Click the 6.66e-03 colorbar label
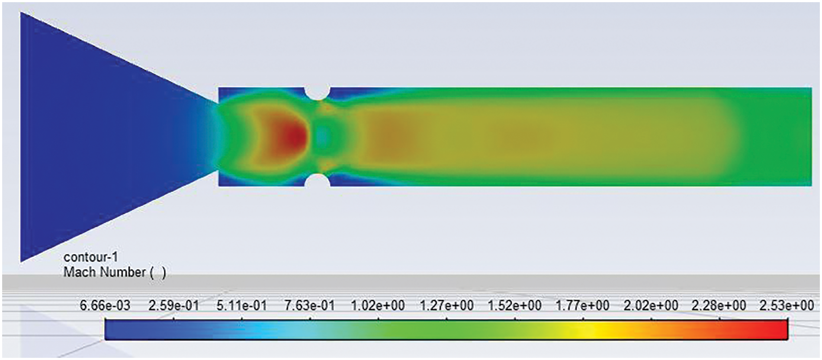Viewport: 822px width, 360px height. [105, 305]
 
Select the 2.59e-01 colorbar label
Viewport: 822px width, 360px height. [173, 305]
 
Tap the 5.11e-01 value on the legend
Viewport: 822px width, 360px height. [241, 305]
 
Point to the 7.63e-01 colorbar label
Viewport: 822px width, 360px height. [310, 305]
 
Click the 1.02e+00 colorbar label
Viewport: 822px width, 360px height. [378, 305]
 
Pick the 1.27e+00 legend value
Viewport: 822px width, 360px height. [446, 305]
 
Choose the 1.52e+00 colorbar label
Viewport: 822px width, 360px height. [514, 305]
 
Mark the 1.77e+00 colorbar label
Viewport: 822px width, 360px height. [582, 305]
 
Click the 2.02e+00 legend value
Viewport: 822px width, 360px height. [651, 305]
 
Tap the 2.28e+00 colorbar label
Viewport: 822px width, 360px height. [719, 305]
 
